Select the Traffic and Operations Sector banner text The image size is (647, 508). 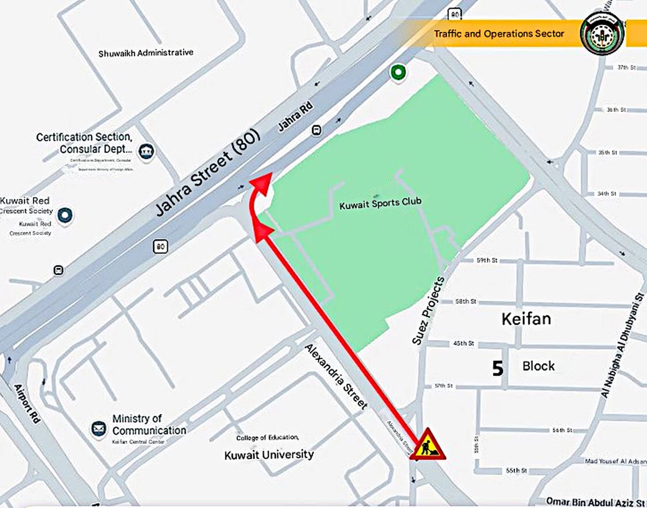(x=499, y=33)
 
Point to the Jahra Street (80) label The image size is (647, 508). (x=208, y=172)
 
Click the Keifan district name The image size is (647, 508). (x=526, y=318)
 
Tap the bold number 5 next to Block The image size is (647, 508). (x=498, y=368)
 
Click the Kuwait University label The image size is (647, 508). (x=269, y=455)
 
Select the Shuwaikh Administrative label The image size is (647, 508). (x=146, y=53)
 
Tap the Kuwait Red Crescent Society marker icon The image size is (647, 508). (x=66, y=215)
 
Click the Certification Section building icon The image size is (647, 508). (x=146, y=152)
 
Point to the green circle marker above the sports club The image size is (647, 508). (x=398, y=72)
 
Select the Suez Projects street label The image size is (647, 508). (x=429, y=310)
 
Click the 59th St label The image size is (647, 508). (x=487, y=260)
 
